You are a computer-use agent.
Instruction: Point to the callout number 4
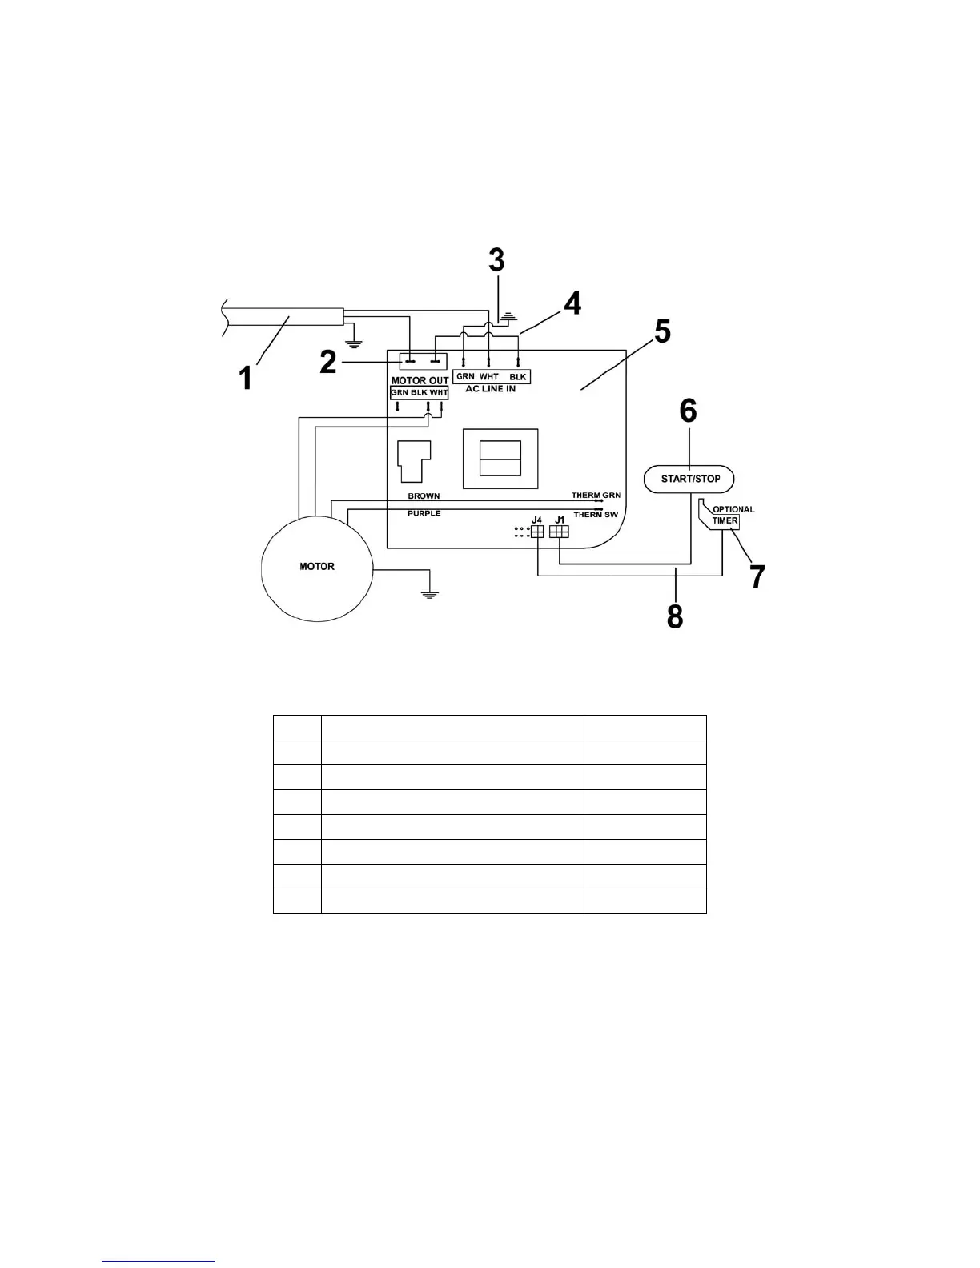tap(571, 304)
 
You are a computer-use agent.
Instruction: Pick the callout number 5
tap(662, 331)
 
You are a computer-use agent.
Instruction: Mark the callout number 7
tap(757, 576)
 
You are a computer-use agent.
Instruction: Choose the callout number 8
tap(675, 616)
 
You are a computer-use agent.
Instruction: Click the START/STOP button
tap(689, 479)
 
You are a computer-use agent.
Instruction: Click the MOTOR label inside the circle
tap(317, 567)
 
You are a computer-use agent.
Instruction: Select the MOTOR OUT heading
tap(420, 380)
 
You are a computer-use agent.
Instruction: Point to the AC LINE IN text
tap(491, 389)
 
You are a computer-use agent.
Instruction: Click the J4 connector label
tap(536, 520)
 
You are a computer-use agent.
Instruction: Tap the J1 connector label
tap(560, 520)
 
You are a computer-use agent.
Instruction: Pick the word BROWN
tap(424, 496)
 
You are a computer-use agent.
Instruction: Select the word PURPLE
tap(424, 513)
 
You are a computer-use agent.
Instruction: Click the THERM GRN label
tap(596, 496)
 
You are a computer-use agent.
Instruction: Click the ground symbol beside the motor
tap(431, 593)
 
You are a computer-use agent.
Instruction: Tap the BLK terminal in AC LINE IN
tap(517, 376)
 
